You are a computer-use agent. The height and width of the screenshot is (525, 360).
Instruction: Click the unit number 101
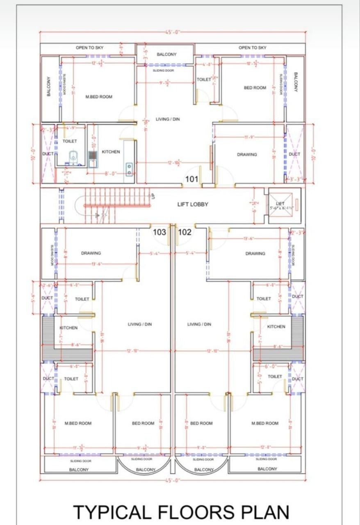191,179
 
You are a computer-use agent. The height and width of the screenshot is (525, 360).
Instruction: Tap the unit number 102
185,232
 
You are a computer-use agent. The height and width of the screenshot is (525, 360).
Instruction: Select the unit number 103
159,232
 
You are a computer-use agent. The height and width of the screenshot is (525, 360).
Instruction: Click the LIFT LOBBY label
193,204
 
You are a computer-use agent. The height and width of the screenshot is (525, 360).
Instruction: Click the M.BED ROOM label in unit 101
98,97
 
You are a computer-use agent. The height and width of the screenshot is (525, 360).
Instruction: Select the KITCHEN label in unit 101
111,152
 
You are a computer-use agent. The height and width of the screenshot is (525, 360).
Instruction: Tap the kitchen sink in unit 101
129,169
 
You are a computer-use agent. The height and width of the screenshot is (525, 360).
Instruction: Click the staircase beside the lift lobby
111,205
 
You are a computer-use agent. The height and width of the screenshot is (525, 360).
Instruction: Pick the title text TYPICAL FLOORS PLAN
181,512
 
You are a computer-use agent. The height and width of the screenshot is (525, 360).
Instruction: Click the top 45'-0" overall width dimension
172,32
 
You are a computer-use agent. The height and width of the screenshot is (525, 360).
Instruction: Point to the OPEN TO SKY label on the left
89,48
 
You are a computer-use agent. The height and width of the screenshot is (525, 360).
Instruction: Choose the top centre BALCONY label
166,54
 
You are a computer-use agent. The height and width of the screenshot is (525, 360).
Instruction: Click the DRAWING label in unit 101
247,155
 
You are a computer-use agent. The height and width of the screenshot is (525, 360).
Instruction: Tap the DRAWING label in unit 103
91,253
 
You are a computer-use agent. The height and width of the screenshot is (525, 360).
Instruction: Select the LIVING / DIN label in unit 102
199,324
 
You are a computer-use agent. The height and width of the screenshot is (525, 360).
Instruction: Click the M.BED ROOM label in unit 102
264,423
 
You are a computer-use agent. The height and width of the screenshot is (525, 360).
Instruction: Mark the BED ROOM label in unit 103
143,423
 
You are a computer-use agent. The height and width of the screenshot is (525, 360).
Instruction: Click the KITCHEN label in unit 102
276,327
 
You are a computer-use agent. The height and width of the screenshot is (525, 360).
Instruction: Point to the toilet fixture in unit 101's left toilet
73,156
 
